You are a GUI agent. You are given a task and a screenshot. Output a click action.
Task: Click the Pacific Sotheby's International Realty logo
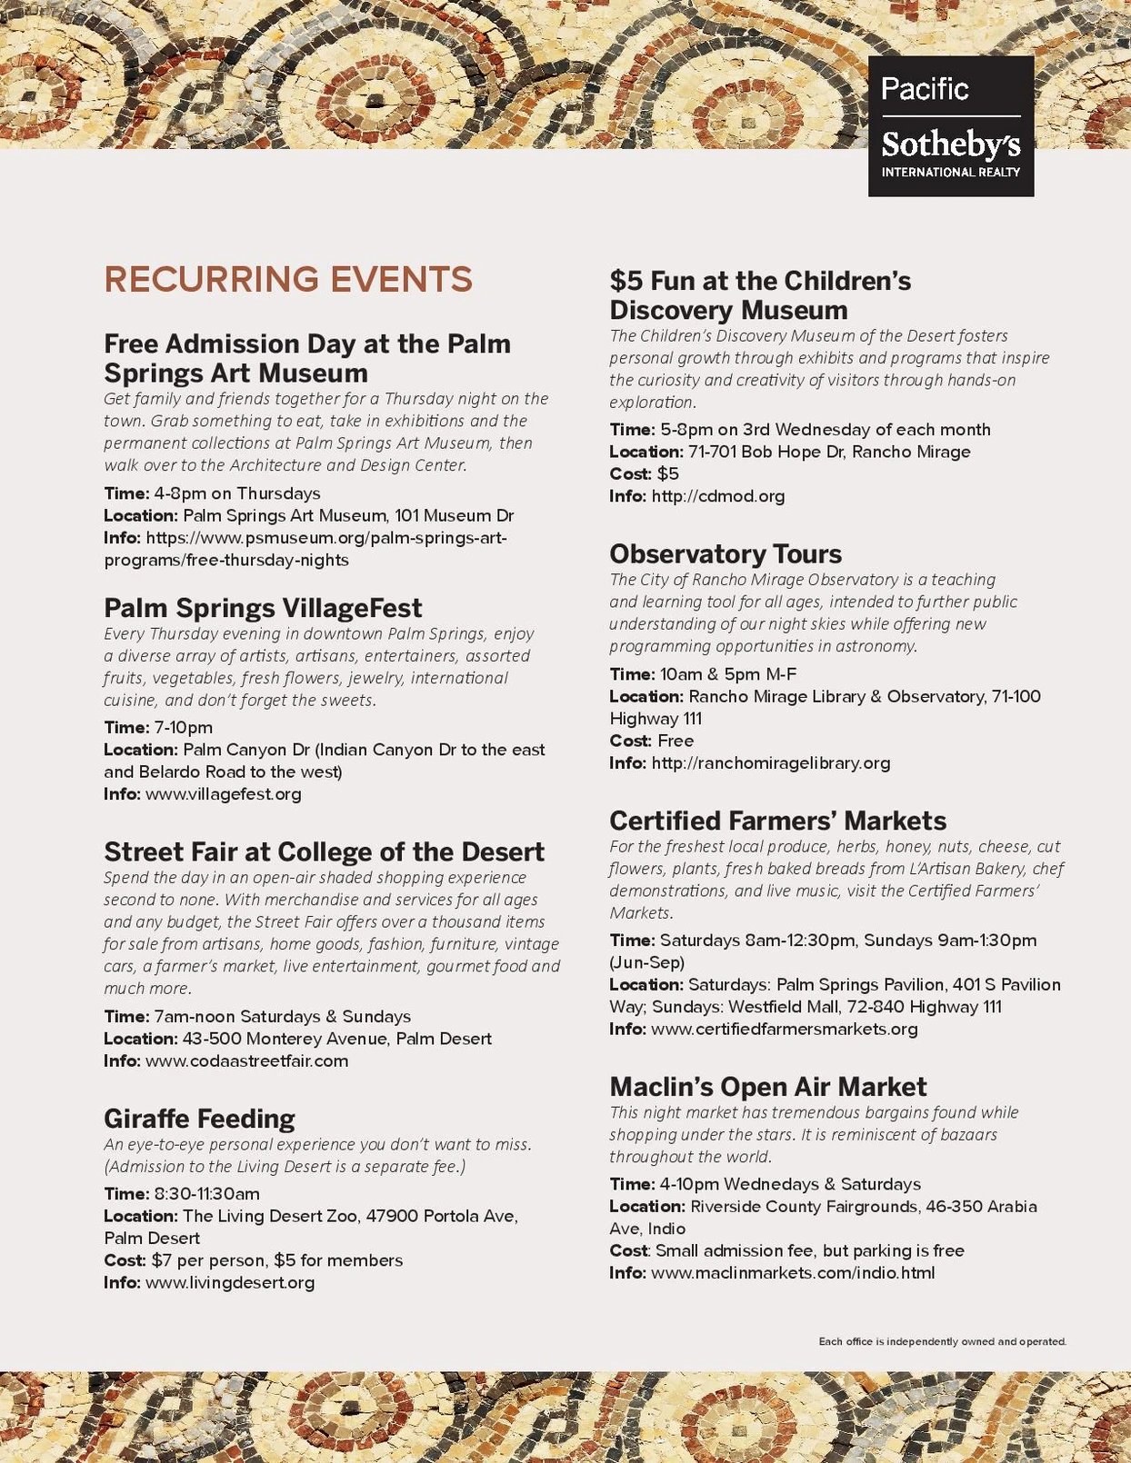(x=950, y=126)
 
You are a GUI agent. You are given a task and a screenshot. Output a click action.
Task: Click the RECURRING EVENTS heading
(x=288, y=279)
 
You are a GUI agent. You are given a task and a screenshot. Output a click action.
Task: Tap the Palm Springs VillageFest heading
(x=263, y=607)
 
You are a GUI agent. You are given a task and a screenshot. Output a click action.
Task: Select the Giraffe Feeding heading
(x=199, y=1118)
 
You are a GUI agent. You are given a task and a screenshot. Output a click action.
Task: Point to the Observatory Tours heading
(x=726, y=553)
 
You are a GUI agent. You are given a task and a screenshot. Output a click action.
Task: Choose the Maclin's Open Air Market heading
(x=767, y=1087)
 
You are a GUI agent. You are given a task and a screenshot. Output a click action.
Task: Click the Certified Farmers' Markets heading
(x=777, y=821)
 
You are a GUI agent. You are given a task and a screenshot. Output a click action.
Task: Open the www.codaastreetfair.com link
(x=246, y=1061)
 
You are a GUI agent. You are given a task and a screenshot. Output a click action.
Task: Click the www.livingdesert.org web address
(x=230, y=1283)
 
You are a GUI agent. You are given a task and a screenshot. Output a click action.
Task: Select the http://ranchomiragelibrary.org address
(x=770, y=763)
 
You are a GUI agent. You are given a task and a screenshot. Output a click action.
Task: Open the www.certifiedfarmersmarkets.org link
(x=784, y=1030)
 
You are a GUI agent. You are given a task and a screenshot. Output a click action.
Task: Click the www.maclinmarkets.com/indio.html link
(x=792, y=1273)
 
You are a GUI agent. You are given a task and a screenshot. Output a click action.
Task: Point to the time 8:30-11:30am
(x=206, y=1194)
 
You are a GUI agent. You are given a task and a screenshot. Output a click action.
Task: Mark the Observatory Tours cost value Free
(x=676, y=741)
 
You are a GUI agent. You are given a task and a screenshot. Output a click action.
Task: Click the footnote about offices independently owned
(x=942, y=1341)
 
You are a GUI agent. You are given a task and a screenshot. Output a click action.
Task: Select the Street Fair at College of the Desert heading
(x=324, y=851)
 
